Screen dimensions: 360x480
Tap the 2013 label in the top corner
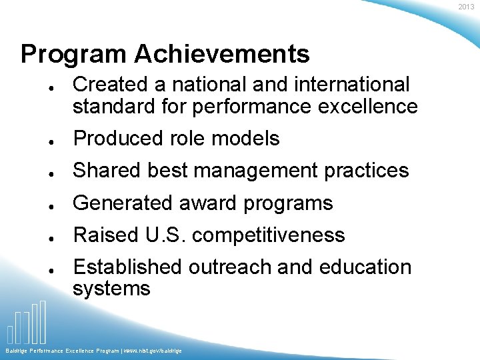466,7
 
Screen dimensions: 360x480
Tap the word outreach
230,267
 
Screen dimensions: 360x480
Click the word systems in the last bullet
111,289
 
